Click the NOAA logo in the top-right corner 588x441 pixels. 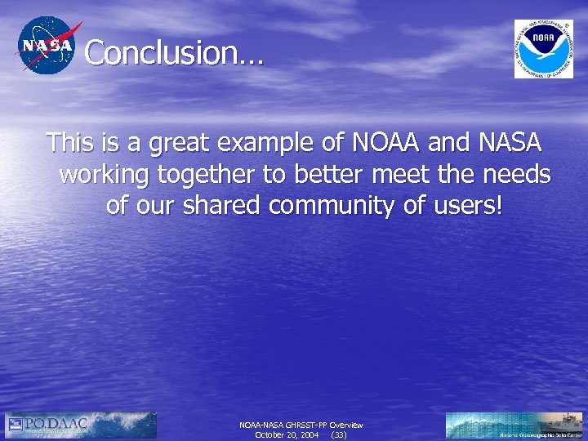pos(543,48)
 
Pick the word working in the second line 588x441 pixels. pos(105,175)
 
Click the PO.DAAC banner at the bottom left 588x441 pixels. pos(80,424)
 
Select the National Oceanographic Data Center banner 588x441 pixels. pos(514,425)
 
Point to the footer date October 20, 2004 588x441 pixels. pos(287,435)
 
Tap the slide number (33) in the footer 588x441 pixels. pos(337,435)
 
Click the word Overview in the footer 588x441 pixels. pos(346,425)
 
